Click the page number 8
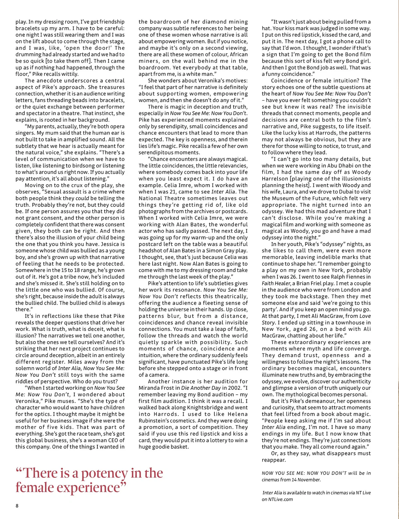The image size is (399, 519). point(17,506)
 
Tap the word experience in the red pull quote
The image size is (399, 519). point(89,488)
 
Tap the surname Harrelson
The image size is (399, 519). point(277,179)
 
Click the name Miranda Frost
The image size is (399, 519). point(155,388)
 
